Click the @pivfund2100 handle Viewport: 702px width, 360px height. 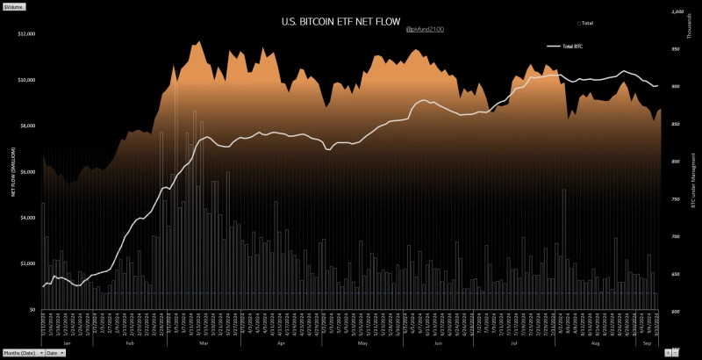(x=425, y=29)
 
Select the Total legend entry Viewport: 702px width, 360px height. (x=586, y=22)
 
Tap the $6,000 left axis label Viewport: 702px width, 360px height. (x=27, y=171)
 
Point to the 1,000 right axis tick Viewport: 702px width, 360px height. (x=677, y=12)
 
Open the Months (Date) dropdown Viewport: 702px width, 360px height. (x=22, y=352)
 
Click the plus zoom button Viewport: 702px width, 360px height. (x=674, y=352)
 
